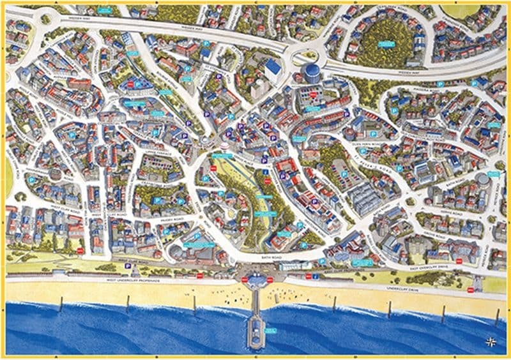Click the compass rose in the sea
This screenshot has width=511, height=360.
[x=491, y=340]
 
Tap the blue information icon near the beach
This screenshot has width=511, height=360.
[x=315, y=277]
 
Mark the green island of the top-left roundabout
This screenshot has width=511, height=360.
[x=46, y=19]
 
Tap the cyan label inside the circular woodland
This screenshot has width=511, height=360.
[x=386, y=44]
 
